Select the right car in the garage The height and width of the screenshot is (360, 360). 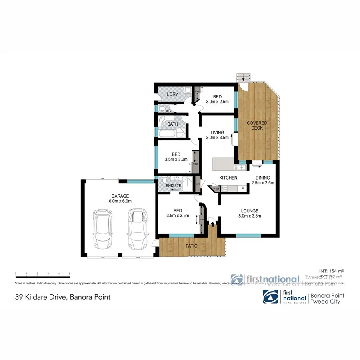(x=137, y=229)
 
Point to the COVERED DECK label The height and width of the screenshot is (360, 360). (x=256, y=125)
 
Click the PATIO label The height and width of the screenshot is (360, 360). (x=191, y=245)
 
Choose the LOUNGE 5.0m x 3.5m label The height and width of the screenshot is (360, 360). (x=249, y=213)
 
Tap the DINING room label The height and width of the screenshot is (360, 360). (x=262, y=180)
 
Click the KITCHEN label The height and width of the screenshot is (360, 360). (x=228, y=178)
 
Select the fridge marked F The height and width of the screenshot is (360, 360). (x=242, y=188)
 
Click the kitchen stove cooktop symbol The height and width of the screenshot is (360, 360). (x=225, y=188)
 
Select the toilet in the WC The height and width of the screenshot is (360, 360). (x=161, y=109)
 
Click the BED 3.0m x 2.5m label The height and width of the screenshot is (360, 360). (x=217, y=99)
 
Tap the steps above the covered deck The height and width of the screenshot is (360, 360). (x=242, y=77)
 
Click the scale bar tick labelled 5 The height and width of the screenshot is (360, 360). (x=70, y=274)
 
